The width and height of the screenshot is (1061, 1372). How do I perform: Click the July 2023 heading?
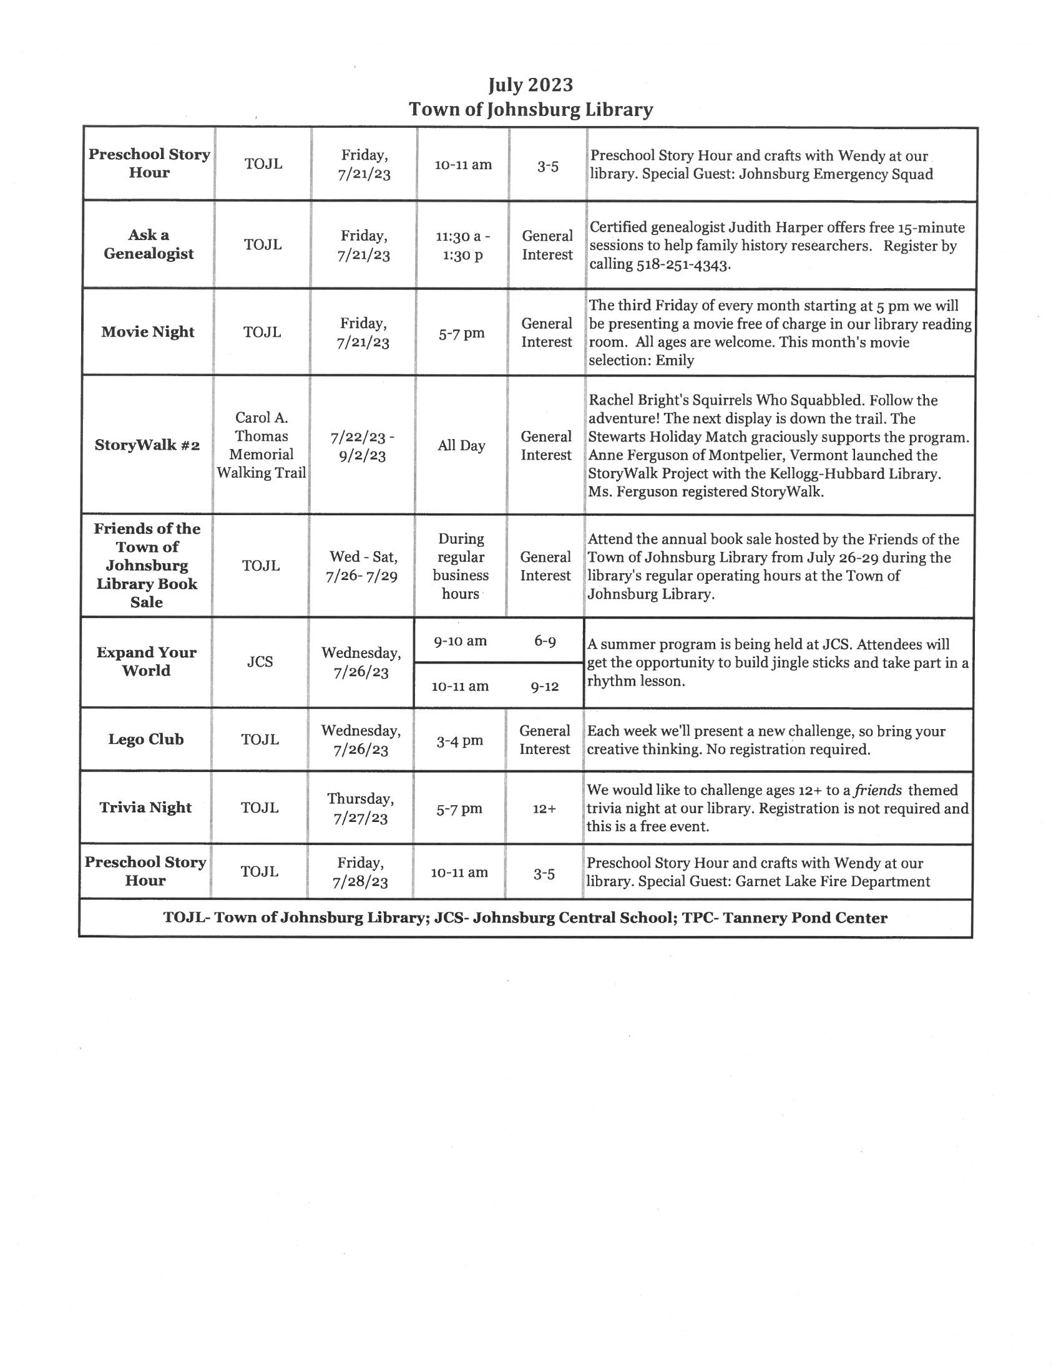(530, 85)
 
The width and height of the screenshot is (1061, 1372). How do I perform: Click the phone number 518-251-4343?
(683, 264)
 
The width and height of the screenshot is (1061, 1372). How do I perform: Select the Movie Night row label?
(148, 332)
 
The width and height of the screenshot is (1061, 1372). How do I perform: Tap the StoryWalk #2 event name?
(147, 445)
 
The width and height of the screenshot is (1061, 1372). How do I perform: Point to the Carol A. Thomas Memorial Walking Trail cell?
(262, 445)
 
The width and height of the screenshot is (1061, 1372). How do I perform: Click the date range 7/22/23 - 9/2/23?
(362, 446)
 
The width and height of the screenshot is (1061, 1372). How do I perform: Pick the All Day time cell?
(461, 446)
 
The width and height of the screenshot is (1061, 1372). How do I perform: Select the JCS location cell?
(260, 662)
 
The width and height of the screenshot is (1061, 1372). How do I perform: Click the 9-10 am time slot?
(460, 640)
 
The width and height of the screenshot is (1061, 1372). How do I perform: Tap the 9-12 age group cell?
(544, 687)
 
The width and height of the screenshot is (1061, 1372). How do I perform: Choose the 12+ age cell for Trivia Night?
(544, 809)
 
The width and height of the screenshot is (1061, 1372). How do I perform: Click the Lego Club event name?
(146, 740)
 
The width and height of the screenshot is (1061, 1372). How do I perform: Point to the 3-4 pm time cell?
(460, 741)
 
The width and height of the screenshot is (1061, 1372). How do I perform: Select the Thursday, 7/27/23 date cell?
(361, 808)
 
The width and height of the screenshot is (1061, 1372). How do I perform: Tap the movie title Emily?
(675, 360)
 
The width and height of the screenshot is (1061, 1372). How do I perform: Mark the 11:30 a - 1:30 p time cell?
(462, 246)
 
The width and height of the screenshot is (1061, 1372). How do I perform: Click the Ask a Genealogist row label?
(149, 244)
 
